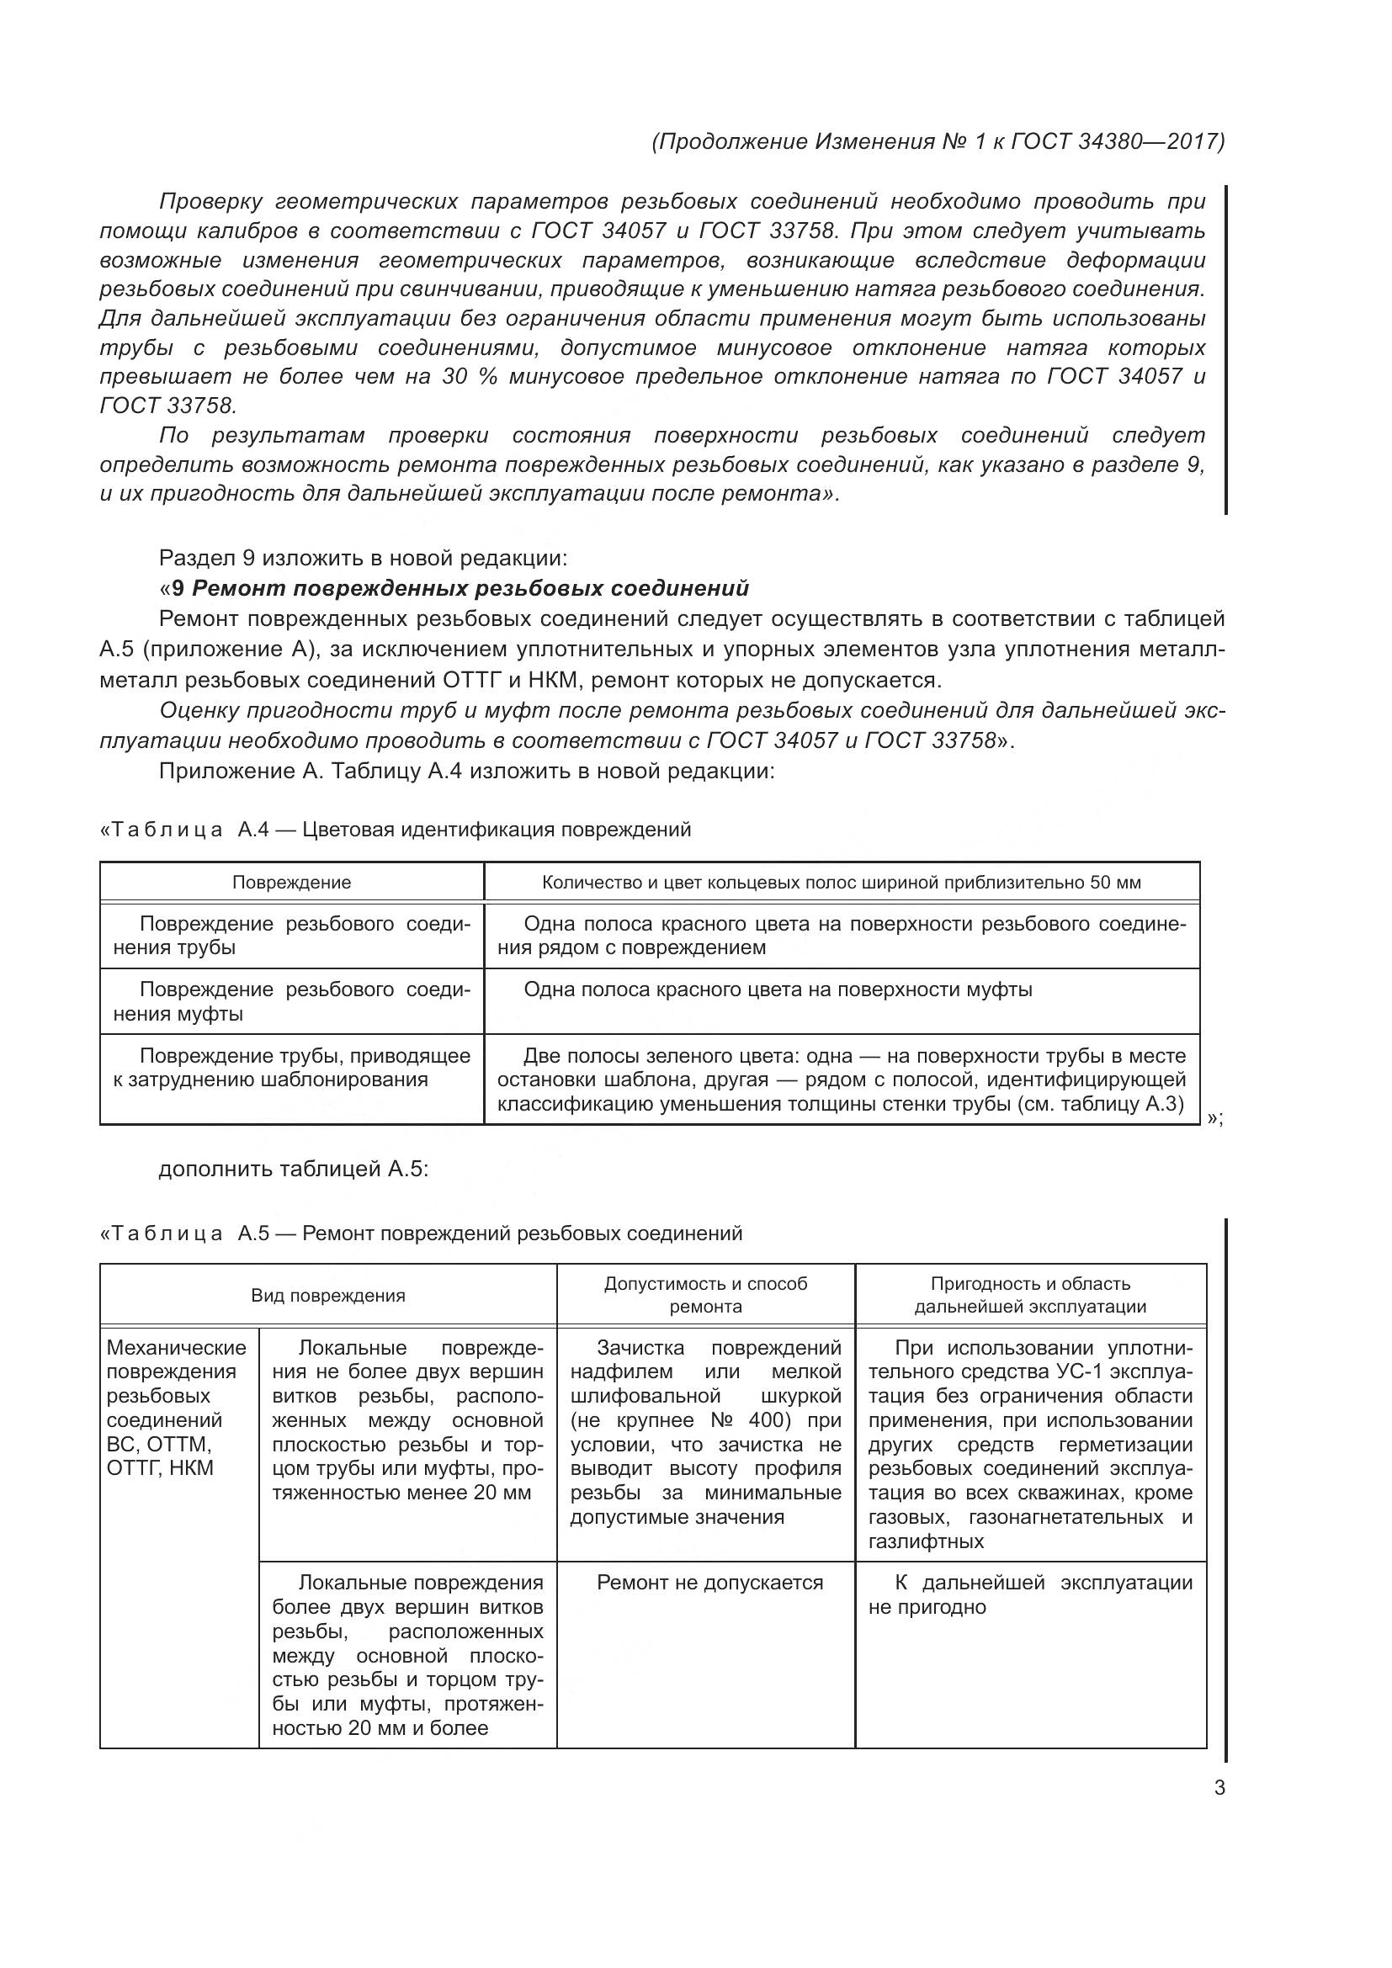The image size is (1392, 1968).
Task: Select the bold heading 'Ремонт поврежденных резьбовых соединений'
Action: point(470,588)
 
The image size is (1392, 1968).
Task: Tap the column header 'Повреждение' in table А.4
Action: point(291,883)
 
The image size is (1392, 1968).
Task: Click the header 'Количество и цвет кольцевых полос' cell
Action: point(841,883)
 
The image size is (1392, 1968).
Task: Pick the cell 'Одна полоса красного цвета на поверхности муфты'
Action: point(778,990)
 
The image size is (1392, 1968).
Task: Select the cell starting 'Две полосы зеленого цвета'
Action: point(841,1079)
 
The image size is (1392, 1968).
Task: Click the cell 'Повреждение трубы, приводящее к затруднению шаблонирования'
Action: point(291,1067)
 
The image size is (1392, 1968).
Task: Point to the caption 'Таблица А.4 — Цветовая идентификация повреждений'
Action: point(396,830)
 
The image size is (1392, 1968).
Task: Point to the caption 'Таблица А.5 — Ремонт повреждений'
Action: point(422,1233)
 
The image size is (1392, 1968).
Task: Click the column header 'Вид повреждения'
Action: point(327,1295)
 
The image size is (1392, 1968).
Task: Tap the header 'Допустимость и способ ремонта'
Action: point(705,1295)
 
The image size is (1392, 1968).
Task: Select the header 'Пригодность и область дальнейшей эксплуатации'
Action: point(1029,1295)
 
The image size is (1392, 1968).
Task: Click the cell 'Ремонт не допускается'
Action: point(709,1583)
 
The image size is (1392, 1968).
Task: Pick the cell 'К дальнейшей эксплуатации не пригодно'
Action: point(1029,1594)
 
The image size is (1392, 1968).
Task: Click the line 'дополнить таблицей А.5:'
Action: point(293,1170)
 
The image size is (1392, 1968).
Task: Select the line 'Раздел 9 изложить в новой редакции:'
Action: point(363,559)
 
